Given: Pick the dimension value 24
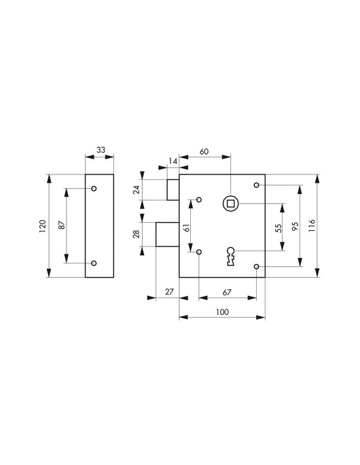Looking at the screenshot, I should [x=136, y=189].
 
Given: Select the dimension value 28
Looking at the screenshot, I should [x=136, y=234].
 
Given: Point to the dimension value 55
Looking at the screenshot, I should [x=277, y=228].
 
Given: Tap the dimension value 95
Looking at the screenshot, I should [x=295, y=226].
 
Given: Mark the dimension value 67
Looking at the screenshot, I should [x=227, y=291].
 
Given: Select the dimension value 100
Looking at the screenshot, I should [x=221, y=312].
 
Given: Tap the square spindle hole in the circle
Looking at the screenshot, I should [x=231, y=204].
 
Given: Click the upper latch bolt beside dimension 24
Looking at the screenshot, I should [x=173, y=189].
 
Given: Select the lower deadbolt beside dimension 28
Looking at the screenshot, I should [x=167, y=234].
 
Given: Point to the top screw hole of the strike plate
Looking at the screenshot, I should [x=94, y=188].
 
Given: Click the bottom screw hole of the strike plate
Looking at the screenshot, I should [x=94, y=263].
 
